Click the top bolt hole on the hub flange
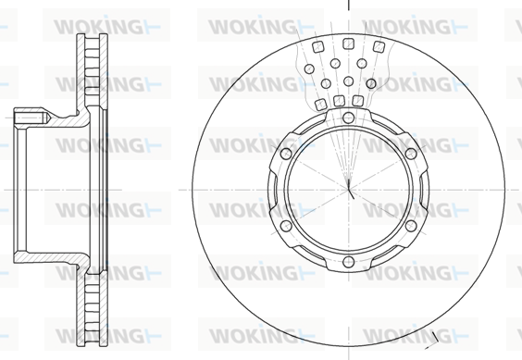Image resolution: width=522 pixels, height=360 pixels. click(348, 118)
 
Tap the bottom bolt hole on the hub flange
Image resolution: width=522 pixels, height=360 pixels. click(348, 262)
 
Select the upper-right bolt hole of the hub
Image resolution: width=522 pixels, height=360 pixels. click(411, 154)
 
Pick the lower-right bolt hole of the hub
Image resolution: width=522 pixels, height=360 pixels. click(411, 226)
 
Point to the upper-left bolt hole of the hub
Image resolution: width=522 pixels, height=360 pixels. click(286, 154)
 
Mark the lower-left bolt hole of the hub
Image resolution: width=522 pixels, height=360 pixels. click(286, 226)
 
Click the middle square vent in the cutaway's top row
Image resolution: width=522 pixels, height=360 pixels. click(348, 43)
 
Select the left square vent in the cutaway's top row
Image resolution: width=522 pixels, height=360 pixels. click(318, 47)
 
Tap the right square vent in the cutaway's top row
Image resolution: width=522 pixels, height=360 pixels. click(379, 47)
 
